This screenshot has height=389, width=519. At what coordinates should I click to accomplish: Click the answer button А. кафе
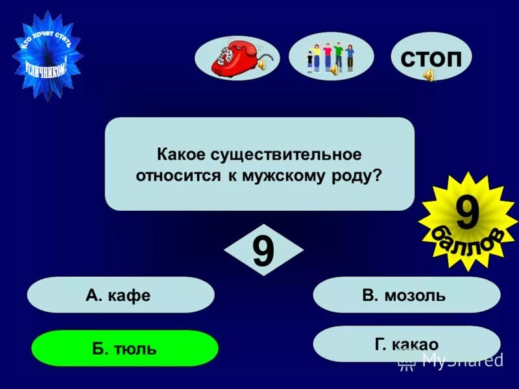point(120,296)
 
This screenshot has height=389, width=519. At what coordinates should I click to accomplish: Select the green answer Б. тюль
point(125,349)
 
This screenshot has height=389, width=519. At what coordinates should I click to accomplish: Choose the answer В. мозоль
point(406,296)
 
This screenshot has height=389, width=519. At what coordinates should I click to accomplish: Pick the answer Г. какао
point(406,344)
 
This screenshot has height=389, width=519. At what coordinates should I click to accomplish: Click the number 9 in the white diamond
point(263,251)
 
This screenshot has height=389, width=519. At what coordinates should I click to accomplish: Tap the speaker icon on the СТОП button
point(429,77)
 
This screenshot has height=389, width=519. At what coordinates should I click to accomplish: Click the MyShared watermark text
point(462,360)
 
